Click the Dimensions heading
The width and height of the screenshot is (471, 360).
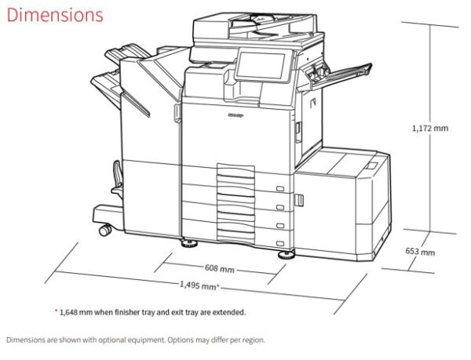click(55, 15)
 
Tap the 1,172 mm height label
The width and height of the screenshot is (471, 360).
click(430, 129)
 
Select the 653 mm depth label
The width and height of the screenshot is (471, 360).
click(420, 252)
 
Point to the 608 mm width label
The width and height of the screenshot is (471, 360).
click(219, 268)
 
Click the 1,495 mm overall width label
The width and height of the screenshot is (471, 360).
click(199, 285)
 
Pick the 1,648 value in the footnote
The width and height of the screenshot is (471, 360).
click(69, 312)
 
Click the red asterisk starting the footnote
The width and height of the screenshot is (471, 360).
click(56, 311)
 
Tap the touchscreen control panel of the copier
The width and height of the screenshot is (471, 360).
click(260, 66)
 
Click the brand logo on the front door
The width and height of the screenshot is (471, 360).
click(235, 115)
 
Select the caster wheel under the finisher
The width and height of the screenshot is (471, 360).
click(105, 230)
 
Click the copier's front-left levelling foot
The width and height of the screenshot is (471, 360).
click(189, 243)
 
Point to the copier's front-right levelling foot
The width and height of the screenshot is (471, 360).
click(287, 255)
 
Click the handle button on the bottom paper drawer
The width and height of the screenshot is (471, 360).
click(280, 243)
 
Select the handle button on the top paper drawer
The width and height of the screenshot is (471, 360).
click(280, 189)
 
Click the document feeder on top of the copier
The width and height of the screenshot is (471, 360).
click(255, 28)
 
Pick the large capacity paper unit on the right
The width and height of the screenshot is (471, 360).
click(342, 204)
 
